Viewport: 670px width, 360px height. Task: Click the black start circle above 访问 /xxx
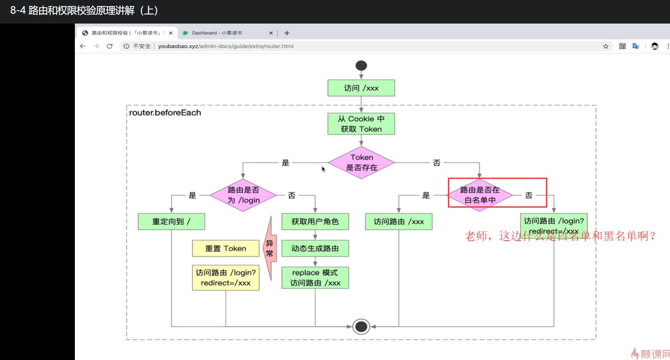361,65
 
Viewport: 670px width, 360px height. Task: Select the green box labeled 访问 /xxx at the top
361,88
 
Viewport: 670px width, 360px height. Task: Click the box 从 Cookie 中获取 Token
361,124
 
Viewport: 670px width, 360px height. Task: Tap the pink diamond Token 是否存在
361,163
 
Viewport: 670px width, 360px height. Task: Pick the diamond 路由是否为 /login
243,195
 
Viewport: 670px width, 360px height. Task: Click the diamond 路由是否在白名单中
480,195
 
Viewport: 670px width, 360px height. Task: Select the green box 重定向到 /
171,222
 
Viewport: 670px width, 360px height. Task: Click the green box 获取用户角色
315,222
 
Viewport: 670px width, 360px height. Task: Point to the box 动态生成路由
315,248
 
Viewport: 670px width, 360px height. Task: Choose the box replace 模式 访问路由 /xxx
315,278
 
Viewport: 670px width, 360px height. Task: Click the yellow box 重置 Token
225,248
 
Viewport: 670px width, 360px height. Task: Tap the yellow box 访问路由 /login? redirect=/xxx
225,278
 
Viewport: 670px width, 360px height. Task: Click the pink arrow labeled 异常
270,248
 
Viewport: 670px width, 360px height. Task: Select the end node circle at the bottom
361,327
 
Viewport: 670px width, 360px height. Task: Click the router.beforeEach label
165,113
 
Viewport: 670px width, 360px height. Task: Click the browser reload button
110,46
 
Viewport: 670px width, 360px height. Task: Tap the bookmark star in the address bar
606,46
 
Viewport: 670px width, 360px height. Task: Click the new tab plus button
287,33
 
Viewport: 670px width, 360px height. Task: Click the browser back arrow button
83,46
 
